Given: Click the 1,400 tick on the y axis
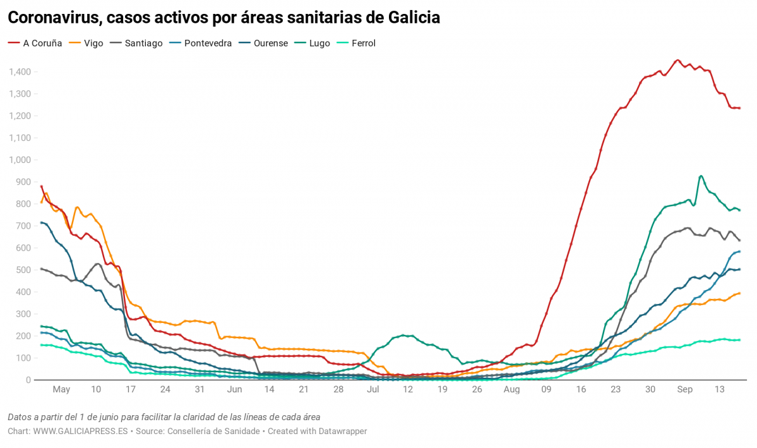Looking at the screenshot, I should tap(20, 72).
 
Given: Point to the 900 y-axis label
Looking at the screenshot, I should tap(23, 182).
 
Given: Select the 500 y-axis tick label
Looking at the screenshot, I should tap(23, 270).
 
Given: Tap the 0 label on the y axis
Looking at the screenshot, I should tap(28, 380).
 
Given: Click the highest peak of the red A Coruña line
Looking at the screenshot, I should tap(677, 61).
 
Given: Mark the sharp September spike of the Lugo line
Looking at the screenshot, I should tap(701, 176).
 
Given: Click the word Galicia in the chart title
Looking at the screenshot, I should tap(408, 18).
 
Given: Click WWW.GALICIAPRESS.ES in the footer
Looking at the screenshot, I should tap(80, 431).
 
